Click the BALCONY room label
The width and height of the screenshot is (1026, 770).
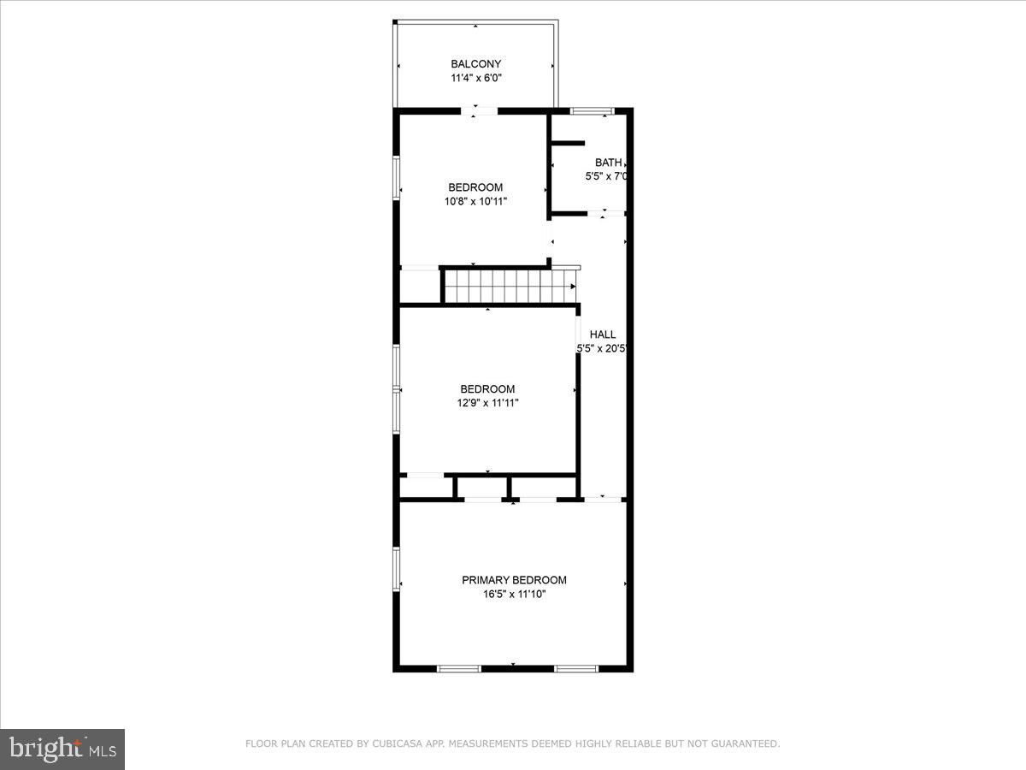click(475, 64)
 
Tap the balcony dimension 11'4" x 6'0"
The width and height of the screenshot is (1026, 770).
click(475, 78)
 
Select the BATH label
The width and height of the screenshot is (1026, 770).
click(608, 163)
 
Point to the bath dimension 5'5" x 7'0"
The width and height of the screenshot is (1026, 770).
click(607, 176)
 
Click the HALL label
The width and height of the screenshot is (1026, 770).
click(602, 335)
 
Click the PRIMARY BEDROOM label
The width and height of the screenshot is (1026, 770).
click(514, 580)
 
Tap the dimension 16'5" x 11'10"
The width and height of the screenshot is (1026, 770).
click(514, 594)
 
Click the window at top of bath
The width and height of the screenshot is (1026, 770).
click(593, 110)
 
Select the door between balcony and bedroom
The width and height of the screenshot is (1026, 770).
click(481, 110)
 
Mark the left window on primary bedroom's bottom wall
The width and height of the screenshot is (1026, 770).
click(459, 668)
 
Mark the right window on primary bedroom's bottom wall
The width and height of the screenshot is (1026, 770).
click(576, 668)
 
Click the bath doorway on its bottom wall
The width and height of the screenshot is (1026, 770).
click(604, 213)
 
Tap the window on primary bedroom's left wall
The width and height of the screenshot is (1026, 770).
click(397, 569)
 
